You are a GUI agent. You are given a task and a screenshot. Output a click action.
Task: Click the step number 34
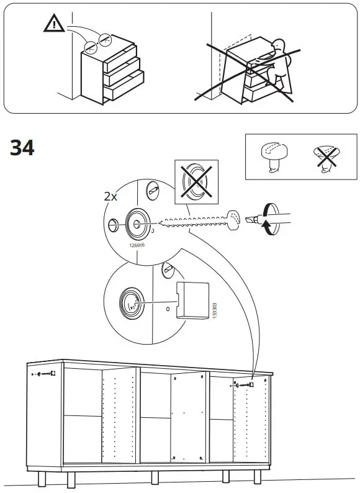pyautogui.click(x=22, y=147)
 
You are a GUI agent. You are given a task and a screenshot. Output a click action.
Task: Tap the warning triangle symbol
pyautogui.click(x=54, y=23)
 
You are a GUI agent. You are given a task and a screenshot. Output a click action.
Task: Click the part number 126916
pyautogui.click(x=137, y=245)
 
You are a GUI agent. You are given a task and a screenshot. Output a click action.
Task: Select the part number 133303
pyautogui.click(x=215, y=311)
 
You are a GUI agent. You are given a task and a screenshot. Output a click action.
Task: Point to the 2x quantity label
pyautogui.click(x=110, y=197)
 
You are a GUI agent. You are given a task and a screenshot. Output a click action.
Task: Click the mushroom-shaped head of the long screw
pyautogui.click(x=233, y=220)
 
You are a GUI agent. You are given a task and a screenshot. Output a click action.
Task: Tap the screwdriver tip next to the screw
pyautogui.click(x=251, y=219)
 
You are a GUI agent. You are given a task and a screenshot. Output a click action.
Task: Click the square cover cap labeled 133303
pyautogui.click(x=192, y=301)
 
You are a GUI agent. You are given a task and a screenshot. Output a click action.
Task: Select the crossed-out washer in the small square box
pyautogui.click(x=197, y=182)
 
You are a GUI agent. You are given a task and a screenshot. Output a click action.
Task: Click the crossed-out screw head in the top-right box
pyautogui.click(x=326, y=158)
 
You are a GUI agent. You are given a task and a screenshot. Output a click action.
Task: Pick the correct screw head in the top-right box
pyautogui.click(x=274, y=156)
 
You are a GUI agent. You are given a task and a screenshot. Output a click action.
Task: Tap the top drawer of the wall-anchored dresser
pyautogui.click(x=120, y=59)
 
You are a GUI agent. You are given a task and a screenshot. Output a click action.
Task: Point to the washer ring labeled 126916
pyautogui.click(x=138, y=224)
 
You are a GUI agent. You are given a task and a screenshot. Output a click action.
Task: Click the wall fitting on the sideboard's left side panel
pyautogui.click(x=44, y=374)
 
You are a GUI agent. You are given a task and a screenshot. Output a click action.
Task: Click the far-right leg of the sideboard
pyautogui.click(x=258, y=477)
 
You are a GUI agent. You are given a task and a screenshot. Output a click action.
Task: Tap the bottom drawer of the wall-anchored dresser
pyautogui.click(x=124, y=85)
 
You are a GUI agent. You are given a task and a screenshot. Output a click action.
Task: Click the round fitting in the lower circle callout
pyautogui.click(x=132, y=304)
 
